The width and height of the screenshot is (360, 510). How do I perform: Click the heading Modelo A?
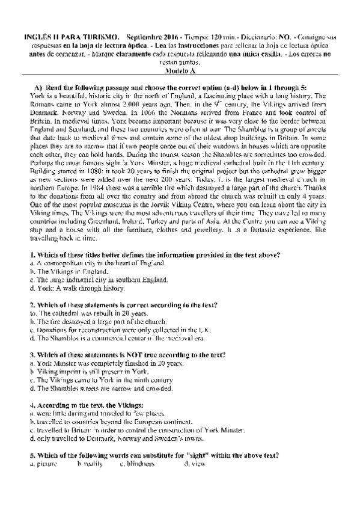click(180, 70)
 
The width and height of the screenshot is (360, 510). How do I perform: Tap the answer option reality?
click(89, 464)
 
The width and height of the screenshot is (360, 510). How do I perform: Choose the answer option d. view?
click(188, 464)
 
